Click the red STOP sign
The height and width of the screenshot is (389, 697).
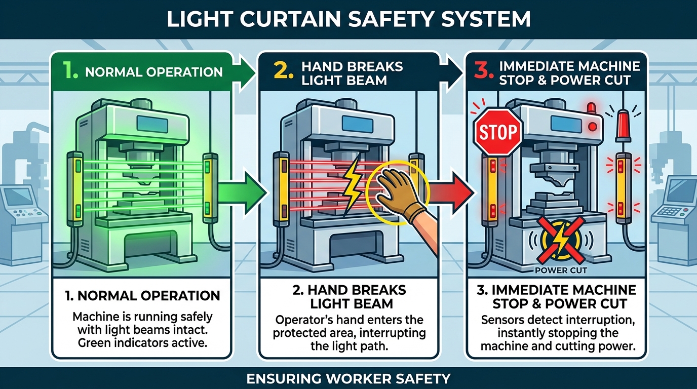[x=498, y=132]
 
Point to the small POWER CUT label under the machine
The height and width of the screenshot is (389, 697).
[x=561, y=270]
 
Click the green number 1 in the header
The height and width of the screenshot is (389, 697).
[x=70, y=71]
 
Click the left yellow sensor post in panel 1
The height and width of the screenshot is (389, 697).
[x=77, y=187]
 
